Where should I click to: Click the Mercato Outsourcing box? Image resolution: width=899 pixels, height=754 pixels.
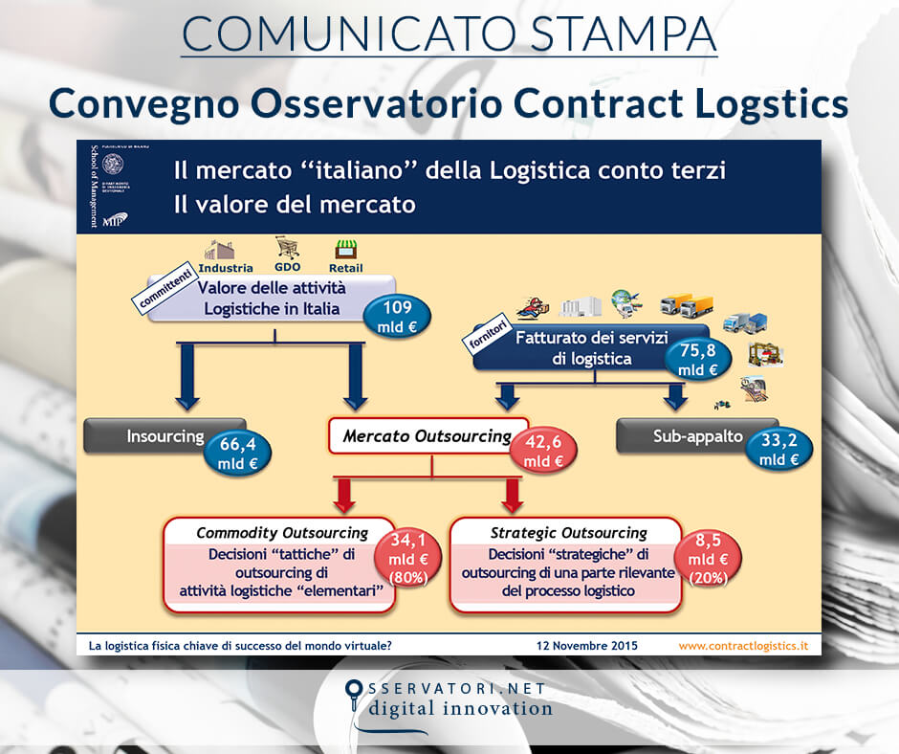[427, 436]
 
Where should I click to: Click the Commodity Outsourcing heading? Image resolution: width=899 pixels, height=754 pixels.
[281, 533]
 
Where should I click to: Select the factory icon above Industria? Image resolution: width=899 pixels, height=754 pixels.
[223, 250]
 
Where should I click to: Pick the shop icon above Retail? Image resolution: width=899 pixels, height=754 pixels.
[344, 250]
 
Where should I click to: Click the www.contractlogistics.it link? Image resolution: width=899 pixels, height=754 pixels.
[743, 646]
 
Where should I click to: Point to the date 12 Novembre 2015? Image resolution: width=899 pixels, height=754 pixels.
[586, 646]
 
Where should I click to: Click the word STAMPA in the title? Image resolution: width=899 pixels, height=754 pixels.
[622, 33]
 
